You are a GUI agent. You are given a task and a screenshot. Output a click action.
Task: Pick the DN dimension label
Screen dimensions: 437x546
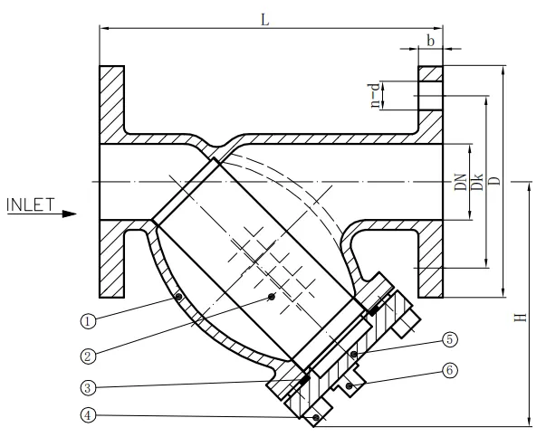(460, 183)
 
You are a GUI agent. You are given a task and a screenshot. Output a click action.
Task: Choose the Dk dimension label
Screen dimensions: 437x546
(476, 183)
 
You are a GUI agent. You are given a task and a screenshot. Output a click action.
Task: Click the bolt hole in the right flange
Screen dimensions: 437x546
(431, 93)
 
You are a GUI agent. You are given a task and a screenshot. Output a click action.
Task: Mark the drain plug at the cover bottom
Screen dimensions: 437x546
(314, 418)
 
